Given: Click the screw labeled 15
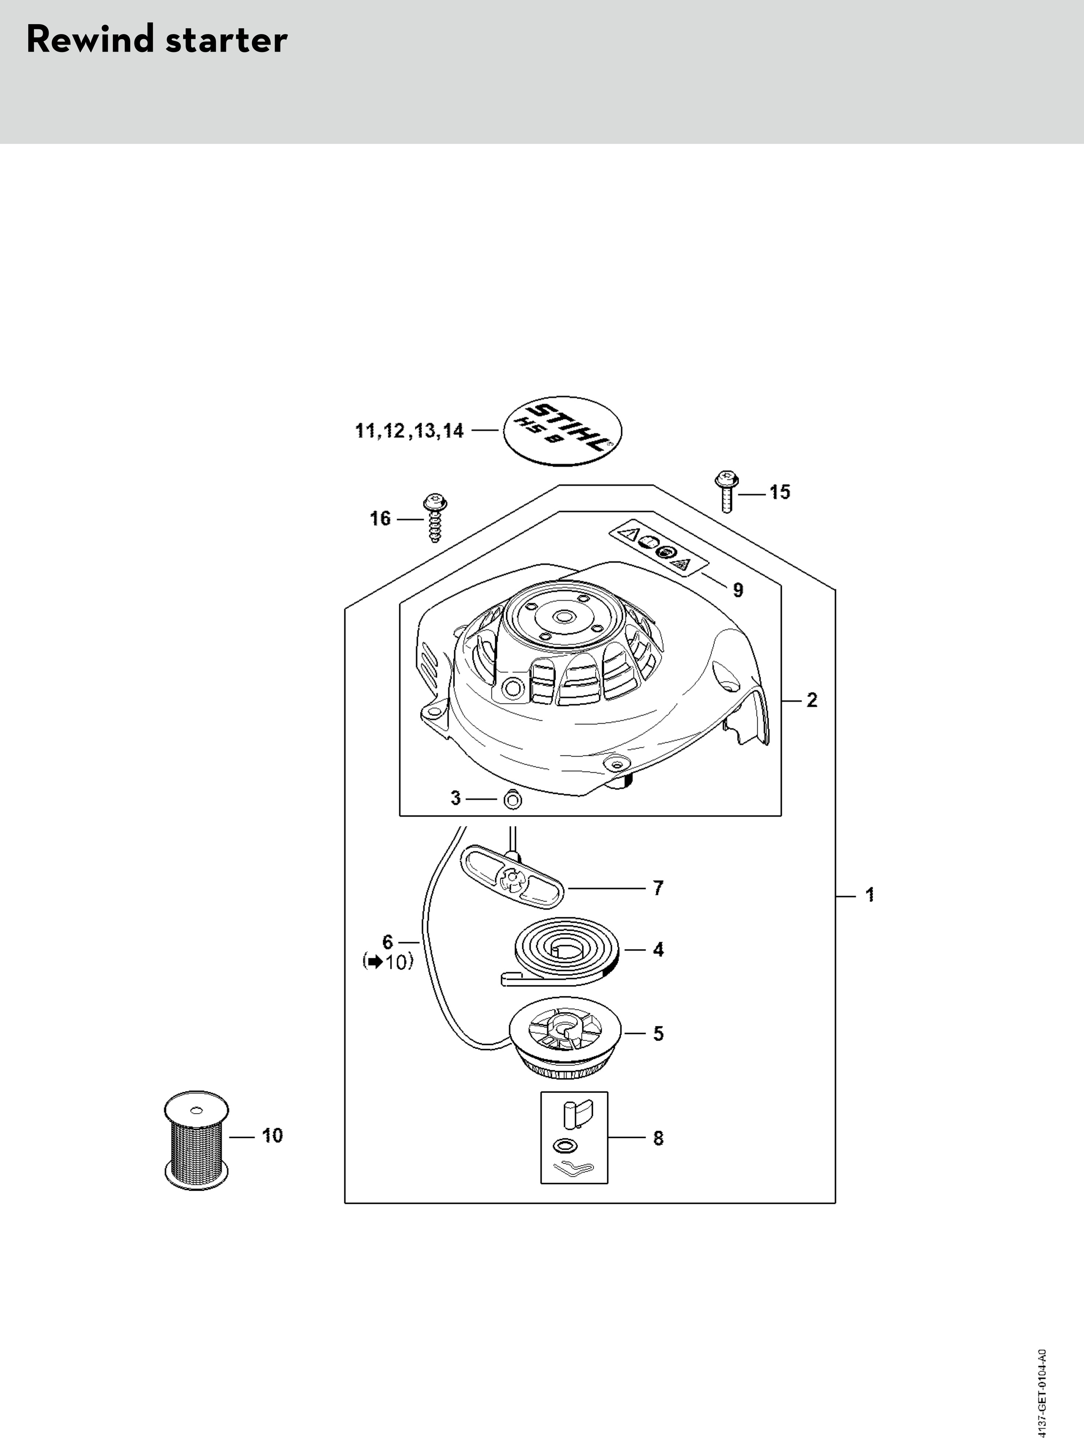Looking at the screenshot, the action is click(726, 491).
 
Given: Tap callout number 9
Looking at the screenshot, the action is click(738, 590).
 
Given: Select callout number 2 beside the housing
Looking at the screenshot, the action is click(812, 700).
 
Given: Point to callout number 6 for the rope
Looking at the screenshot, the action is click(388, 942).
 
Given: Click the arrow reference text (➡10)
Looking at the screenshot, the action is click(388, 961).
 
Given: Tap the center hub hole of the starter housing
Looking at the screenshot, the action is click(561, 616).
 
